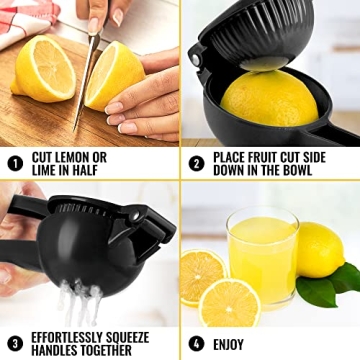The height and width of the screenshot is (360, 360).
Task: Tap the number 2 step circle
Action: coord(197,162)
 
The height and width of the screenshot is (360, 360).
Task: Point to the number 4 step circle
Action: coord(197,343)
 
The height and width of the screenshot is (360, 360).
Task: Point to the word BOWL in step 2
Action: coord(320,169)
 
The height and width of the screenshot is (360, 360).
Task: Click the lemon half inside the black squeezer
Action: coord(270,105)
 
